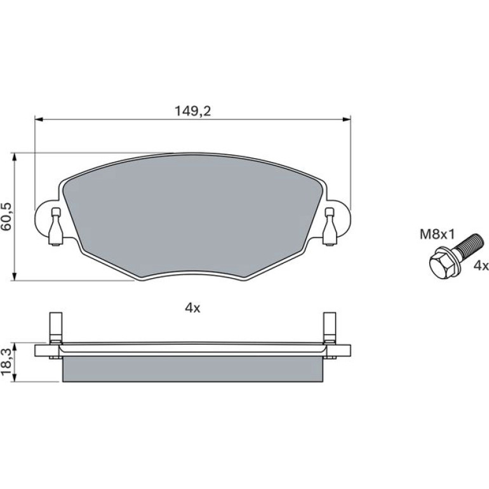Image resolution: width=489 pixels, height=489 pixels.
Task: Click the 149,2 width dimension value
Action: pyautogui.click(x=192, y=111)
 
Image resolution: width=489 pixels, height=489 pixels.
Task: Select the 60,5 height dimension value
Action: pyautogui.click(x=6, y=216)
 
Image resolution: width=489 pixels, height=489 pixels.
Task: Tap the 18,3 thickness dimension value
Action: pyautogui.click(x=6, y=362)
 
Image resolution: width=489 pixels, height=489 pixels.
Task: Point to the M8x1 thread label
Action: pyautogui.click(x=437, y=234)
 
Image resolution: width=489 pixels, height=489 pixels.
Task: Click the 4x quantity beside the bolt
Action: pyautogui.click(x=481, y=265)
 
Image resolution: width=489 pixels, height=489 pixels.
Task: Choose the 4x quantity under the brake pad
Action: pyautogui.click(x=192, y=308)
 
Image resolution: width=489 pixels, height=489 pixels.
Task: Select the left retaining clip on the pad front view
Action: pyautogui.click(x=55, y=227)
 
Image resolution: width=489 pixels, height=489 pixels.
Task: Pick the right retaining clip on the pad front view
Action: pyautogui.click(x=330, y=227)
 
